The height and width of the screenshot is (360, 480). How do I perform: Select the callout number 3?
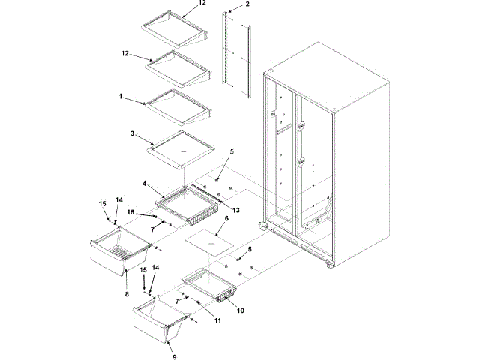pyautogui.click(x=132, y=134)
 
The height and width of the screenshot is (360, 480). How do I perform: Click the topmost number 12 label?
pyautogui.click(x=181, y=4)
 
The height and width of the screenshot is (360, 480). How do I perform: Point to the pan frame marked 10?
pyautogui.click(x=211, y=283)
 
